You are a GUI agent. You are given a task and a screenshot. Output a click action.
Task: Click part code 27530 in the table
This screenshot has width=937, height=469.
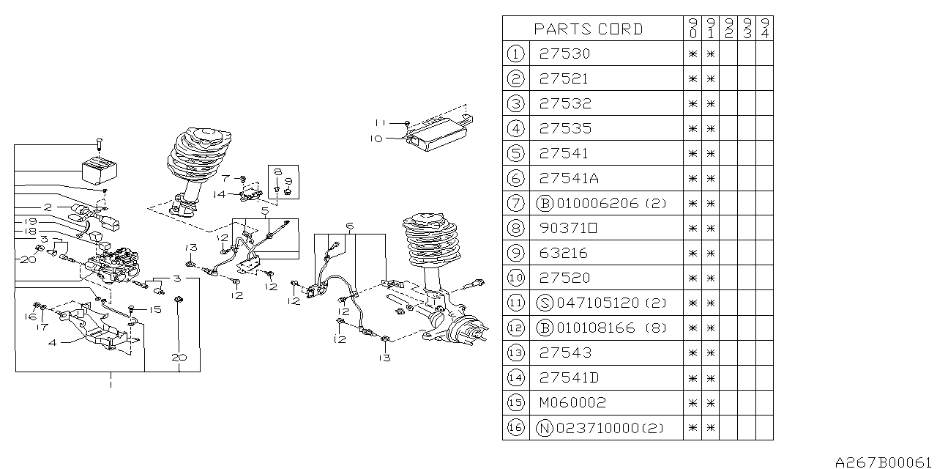(x=564, y=53)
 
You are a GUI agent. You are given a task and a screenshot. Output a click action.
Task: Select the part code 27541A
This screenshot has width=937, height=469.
(x=568, y=178)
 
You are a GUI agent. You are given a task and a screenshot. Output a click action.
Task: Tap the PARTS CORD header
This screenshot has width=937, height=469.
(x=588, y=29)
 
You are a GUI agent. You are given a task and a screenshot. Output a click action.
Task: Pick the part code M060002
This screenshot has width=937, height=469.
(x=572, y=402)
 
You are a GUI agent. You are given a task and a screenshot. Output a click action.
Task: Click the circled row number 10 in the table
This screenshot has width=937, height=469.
(x=516, y=278)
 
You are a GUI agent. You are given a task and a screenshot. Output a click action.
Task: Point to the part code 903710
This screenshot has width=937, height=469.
(x=568, y=228)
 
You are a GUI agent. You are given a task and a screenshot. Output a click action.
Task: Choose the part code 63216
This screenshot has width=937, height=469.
(x=564, y=253)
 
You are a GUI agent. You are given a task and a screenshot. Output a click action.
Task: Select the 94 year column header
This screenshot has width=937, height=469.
(x=764, y=29)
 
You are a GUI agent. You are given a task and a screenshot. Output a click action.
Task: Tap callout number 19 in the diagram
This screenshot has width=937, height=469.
(x=30, y=221)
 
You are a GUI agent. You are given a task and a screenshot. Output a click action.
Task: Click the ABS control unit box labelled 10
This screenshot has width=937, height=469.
(x=438, y=135)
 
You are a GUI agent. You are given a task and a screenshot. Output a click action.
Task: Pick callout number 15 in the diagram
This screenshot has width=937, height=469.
(x=155, y=310)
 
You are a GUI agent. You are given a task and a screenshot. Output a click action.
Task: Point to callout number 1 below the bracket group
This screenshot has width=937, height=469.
(x=110, y=382)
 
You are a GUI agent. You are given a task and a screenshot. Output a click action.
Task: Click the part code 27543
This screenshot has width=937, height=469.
(x=564, y=352)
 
